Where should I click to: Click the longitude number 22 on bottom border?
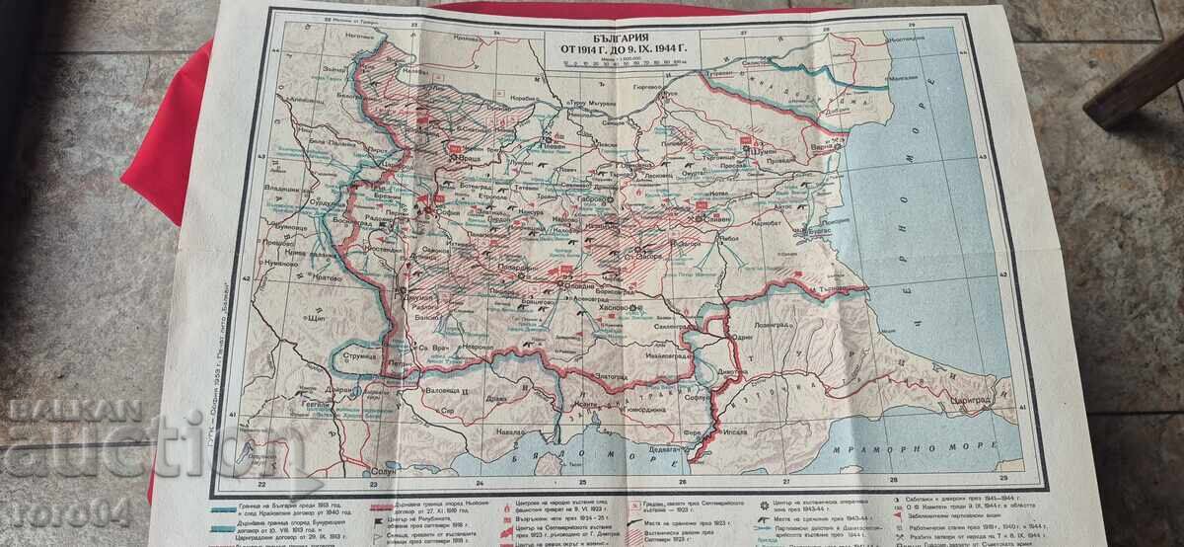tap(260, 484)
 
